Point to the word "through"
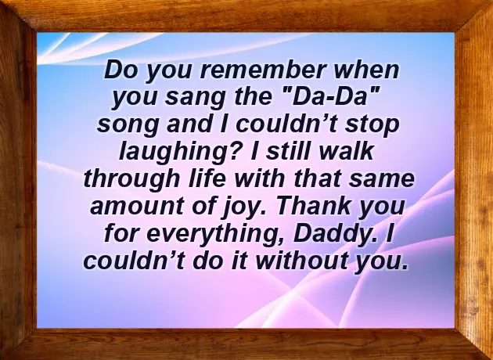125,180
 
